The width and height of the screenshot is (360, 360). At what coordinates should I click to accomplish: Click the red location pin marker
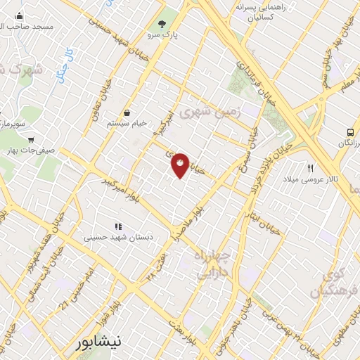(181, 165)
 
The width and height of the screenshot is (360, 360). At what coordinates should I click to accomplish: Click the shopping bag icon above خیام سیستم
(127, 112)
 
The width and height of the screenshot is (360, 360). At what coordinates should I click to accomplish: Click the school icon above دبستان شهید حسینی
(118, 226)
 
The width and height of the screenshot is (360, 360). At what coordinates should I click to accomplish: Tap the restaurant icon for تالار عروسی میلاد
(310, 167)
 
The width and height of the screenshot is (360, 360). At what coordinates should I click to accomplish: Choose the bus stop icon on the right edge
(349, 131)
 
